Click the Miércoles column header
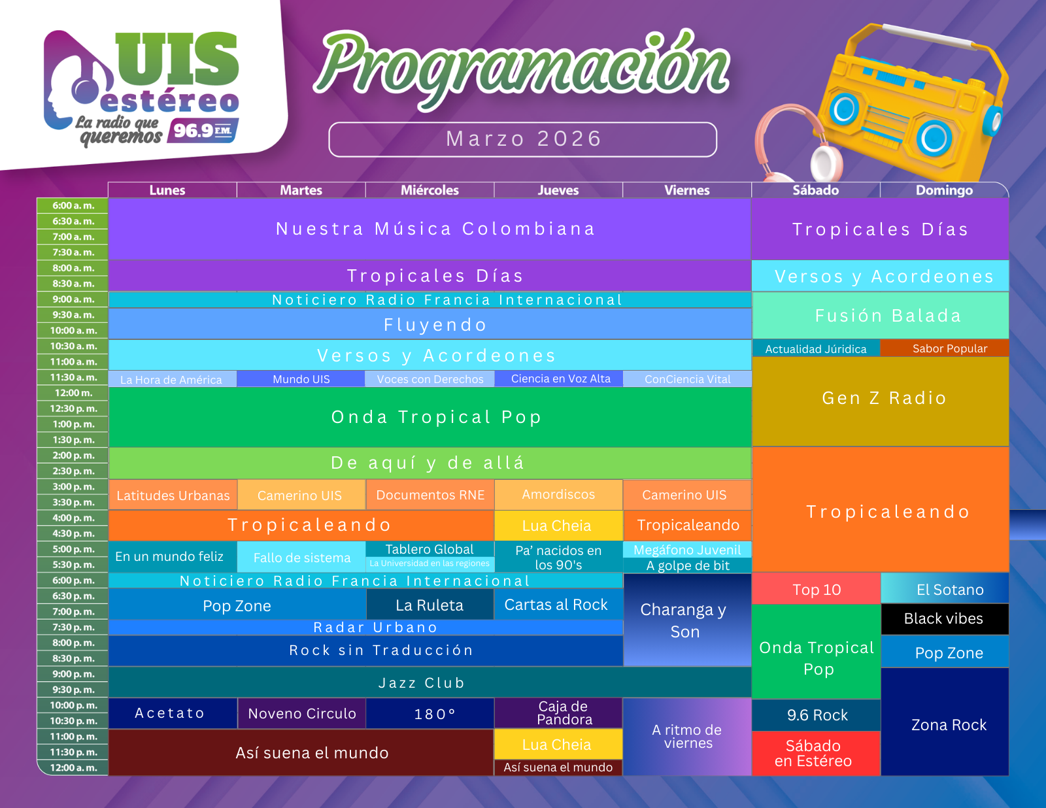(x=430, y=190)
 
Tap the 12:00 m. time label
(x=73, y=393)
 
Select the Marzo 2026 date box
(x=523, y=139)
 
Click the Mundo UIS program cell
(x=301, y=379)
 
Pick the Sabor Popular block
(x=945, y=348)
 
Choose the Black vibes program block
(x=945, y=618)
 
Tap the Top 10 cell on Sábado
(x=817, y=589)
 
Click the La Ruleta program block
(x=430, y=605)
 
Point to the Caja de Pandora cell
(x=558, y=713)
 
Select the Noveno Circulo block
(x=302, y=713)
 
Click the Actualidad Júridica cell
(x=816, y=348)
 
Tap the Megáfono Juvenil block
(x=687, y=550)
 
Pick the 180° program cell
(x=430, y=713)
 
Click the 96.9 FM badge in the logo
(x=203, y=130)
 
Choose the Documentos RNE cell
(x=430, y=495)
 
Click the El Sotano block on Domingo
(x=945, y=588)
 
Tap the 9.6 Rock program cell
(x=817, y=715)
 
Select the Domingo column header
(x=944, y=190)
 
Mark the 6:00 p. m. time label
(x=73, y=581)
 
